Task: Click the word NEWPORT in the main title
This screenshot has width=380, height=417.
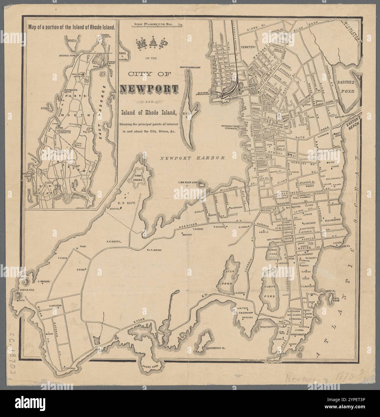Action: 149,88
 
